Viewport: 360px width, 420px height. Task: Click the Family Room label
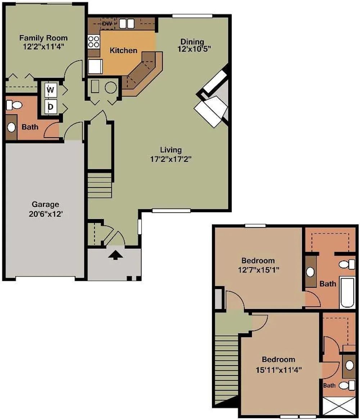tap(43, 38)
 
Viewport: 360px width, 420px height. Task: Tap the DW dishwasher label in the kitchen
tap(107, 24)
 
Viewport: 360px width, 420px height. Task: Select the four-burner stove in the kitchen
tap(94, 42)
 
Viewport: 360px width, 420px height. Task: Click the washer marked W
tap(50, 90)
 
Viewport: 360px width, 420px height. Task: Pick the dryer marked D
tap(50, 107)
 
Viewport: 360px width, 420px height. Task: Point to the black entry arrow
tap(116, 255)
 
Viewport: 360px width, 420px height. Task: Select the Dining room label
tap(192, 42)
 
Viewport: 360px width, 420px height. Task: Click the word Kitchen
tap(123, 50)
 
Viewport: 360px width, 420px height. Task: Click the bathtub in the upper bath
tap(347, 292)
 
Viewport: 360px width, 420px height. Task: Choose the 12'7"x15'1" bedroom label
tap(258, 269)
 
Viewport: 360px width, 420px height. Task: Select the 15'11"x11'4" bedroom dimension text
tap(279, 370)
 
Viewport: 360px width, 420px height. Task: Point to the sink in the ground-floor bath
tap(11, 127)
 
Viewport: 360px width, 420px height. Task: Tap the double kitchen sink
tap(127, 24)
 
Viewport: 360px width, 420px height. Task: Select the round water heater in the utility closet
tap(111, 87)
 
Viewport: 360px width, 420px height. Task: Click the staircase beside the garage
tap(99, 185)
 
